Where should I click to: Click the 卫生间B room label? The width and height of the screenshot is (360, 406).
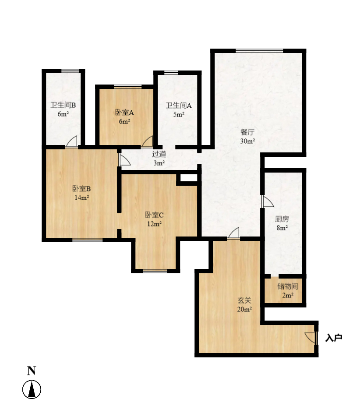click(63, 105)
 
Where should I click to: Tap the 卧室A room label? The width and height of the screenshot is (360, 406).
click(124, 113)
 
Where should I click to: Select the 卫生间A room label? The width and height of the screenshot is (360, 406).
click(179, 106)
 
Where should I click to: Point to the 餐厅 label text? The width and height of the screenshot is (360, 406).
click(247, 132)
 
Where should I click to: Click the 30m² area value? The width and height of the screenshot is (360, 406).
click(247, 141)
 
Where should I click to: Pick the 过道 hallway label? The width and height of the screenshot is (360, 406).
click(159, 154)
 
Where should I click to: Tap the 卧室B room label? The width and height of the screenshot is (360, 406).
click(81, 188)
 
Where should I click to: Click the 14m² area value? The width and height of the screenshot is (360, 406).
click(81, 198)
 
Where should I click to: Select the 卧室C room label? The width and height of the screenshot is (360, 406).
click(154, 215)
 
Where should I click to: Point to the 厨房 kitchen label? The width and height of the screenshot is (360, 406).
click(282, 219)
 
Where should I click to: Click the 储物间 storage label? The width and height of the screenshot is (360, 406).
click(288, 286)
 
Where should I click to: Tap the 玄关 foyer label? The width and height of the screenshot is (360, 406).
click(245, 300)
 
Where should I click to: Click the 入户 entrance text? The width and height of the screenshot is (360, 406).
click(334, 338)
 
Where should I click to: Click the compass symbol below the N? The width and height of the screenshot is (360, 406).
click(32, 389)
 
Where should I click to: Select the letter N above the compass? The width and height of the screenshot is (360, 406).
click(32, 371)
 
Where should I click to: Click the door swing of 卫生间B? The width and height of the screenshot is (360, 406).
click(71, 141)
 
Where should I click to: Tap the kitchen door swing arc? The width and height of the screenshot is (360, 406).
click(268, 201)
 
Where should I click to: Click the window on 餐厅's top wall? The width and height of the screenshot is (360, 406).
click(259, 51)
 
